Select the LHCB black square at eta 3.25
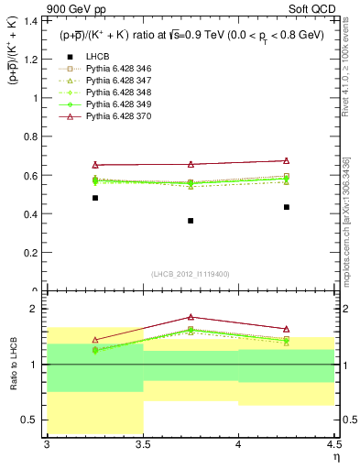point(95,198)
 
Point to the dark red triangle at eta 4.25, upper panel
point(286,161)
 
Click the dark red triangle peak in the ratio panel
point(191,317)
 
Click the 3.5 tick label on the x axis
point(143,445)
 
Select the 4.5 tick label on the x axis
point(333,445)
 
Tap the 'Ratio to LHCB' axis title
point(13,365)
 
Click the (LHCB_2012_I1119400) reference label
point(191,274)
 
